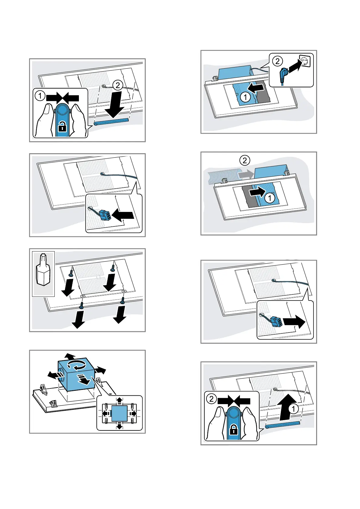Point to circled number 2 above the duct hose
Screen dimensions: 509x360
click(245, 160)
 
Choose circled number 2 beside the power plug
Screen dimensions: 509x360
click(277, 61)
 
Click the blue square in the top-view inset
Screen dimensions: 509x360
click(119, 413)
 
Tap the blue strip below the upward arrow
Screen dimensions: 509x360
click(283, 424)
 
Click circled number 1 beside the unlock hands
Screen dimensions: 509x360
click(40, 96)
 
